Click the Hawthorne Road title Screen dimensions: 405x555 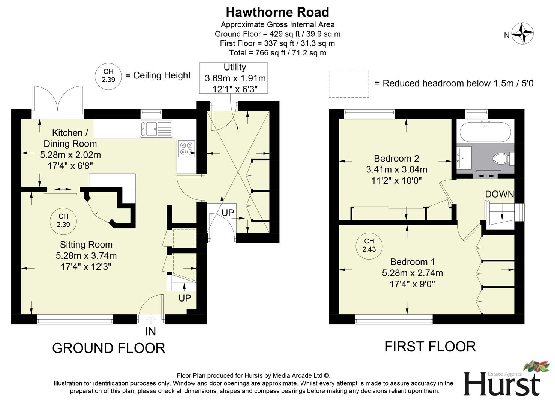click(x=277, y=12)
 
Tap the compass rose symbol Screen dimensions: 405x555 click(x=522, y=34)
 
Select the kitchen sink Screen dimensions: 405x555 click(x=156, y=129)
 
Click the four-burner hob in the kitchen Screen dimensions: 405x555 click(x=186, y=147)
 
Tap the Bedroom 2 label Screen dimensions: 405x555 click(x=396, y=159)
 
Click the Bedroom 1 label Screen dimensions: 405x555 click(x=412, y=262)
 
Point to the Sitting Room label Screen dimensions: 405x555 click(x=86, y=244)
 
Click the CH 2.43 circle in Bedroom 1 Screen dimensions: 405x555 click(x=369, y=245)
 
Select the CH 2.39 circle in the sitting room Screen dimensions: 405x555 click(x=63, y=220)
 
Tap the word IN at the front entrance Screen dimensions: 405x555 click(x=150, y=331)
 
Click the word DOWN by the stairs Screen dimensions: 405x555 click(x=499, y=194)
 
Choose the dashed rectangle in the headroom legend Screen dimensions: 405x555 click(x=349, y=84)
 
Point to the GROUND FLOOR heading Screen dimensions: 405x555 click(x=108, y=348)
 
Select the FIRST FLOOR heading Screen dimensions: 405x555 click(x=430, y=346)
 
